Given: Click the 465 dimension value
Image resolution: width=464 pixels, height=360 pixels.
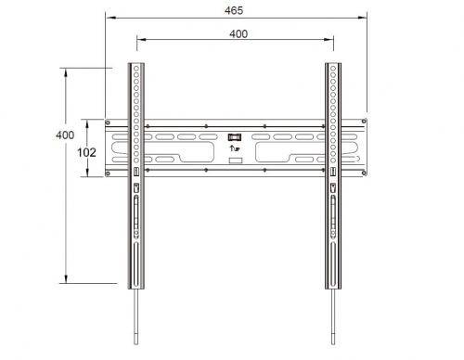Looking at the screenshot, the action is click(x=234, y=10).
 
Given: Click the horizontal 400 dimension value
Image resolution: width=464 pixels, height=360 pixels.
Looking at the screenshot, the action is click(x=238, y=33).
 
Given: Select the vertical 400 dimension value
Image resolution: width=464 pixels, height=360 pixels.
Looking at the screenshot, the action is click(x=65, y=135).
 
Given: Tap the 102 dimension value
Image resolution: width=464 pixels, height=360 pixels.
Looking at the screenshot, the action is click(x=86, y=152).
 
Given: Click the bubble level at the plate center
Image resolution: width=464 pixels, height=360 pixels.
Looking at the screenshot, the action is click(x=235, y=136).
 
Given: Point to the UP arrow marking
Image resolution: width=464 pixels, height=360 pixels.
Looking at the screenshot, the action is click(x=235, y=148).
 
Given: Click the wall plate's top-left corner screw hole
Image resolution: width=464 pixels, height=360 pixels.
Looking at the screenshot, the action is click(x=108, y=122).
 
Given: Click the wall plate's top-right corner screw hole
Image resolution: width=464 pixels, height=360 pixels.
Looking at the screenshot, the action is click(x=364, y=121).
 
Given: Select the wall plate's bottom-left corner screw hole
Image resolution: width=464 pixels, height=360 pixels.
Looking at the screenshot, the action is click(x=108, y=174).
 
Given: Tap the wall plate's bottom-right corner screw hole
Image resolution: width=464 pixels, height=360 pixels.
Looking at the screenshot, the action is click(x=365, y=174).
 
